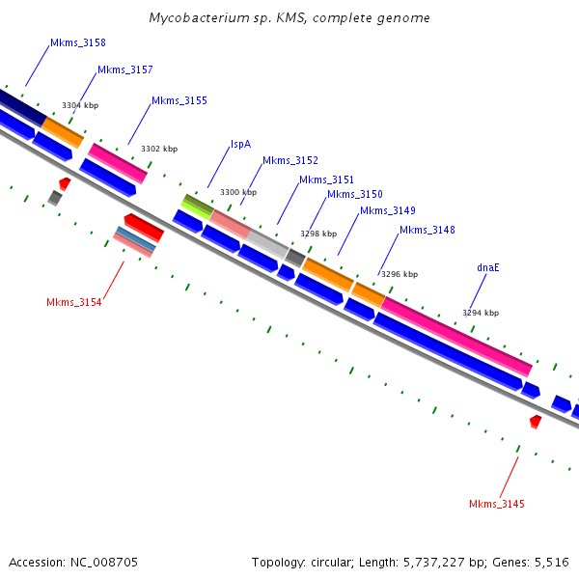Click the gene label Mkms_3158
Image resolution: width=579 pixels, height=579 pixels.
tap(78, 42)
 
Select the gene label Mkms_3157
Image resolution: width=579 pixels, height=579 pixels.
tap(124, 69)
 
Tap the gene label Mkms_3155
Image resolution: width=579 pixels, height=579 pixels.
tap(179, 100)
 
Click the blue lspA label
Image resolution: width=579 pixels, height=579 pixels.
tap(240, 144)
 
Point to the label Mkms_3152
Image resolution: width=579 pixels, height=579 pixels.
tap(289, 160)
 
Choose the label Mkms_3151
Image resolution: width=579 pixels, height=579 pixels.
tap(326, 179)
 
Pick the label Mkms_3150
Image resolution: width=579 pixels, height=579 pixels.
tap(354, 194)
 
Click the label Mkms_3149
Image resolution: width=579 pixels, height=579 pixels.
tap(388, 210)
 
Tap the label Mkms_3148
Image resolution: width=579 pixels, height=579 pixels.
tap(427, 230)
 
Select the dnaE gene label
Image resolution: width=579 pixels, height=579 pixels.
tap(488, 267)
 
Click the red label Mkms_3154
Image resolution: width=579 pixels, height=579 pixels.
tap(74, 302)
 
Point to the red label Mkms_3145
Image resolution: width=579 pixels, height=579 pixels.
tap(497, 504)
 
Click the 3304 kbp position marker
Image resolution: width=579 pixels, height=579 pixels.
tap(80, 105)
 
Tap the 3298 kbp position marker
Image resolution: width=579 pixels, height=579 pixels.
tap(318, 234)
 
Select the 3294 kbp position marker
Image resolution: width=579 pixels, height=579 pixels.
tap(481, 313)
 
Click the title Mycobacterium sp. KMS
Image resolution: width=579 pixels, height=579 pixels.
tap(289, 18)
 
